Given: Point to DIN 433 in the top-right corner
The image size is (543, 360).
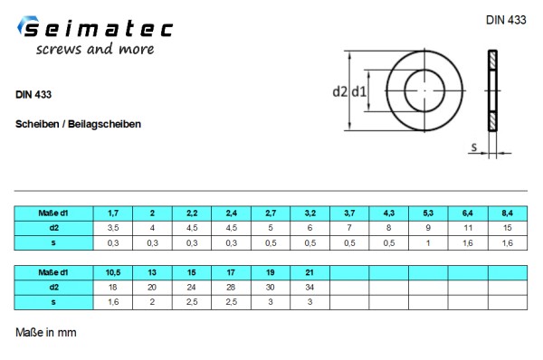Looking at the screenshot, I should pos(506,19).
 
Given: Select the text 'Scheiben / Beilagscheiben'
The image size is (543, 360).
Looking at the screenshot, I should pos(78,123).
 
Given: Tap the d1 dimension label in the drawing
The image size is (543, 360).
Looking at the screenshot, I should pos(358,91).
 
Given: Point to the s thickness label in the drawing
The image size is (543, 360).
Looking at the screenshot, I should pos(473,146).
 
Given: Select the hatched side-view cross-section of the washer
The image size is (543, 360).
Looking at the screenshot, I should pos(492,90).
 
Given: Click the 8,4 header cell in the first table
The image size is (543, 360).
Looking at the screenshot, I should pos(508,213).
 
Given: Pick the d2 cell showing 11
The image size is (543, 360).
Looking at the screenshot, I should pos(468,227).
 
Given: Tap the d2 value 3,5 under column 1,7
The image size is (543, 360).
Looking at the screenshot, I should pos(112,227).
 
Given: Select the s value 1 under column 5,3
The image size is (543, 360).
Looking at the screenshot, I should pos(428,242).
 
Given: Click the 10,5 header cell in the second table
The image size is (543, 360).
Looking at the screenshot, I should pos(112,271).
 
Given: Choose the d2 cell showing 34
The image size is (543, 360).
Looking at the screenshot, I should pos(310,287).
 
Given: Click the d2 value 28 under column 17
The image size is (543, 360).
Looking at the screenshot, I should pos(231,287).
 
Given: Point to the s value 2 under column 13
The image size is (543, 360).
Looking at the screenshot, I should pos(152,301).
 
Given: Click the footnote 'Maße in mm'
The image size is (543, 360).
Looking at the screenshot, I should pos(46,333).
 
